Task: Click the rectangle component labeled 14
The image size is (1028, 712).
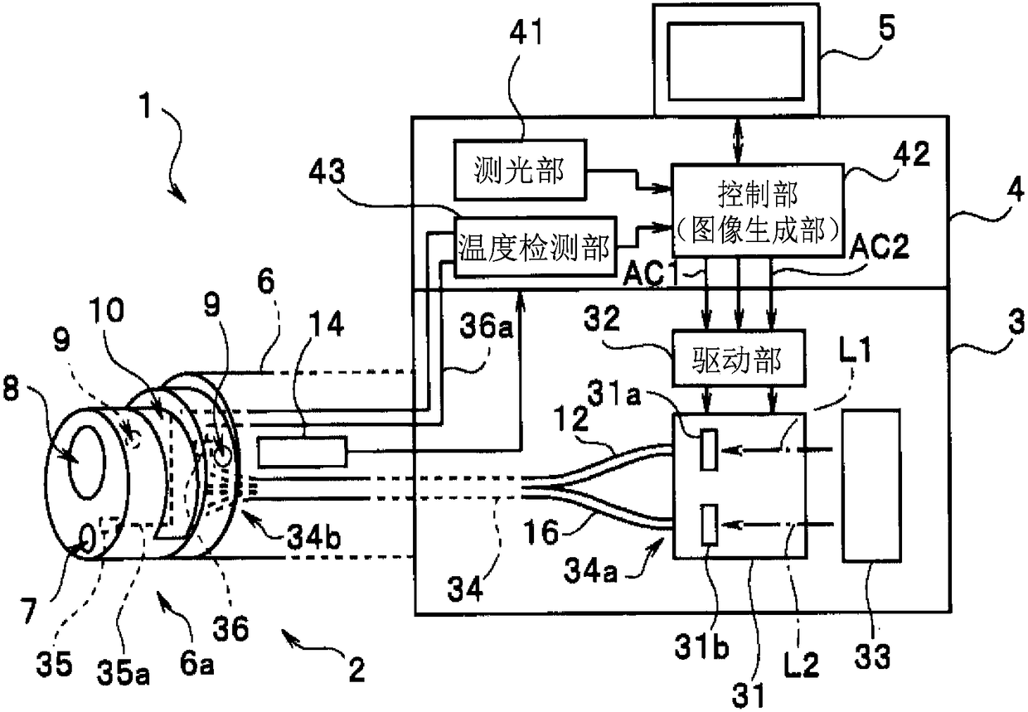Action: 303,453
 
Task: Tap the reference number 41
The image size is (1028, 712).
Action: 526,32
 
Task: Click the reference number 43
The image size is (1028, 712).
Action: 327,172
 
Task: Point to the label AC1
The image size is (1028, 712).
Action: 652,274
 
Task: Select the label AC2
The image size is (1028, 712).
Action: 880,246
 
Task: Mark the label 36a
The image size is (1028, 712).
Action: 486,326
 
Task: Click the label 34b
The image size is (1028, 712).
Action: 314,536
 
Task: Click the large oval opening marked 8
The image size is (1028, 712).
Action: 87,463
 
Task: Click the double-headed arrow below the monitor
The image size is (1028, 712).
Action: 738,140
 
